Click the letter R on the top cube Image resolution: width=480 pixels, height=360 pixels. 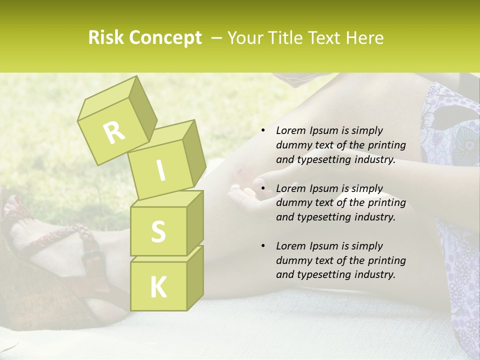coord(114,132)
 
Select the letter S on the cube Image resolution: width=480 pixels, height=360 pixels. coord(158,231)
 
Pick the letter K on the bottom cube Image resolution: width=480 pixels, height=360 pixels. coord(158,287)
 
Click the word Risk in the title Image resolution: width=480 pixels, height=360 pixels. coord(106,38)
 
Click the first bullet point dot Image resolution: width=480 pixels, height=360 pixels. coord(263,131)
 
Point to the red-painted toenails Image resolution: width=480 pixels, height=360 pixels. coord(14,202)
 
